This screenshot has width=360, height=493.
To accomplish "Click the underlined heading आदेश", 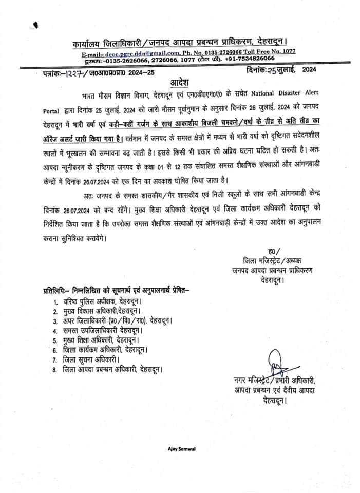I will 180,83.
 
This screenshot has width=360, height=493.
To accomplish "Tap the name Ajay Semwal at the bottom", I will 180,449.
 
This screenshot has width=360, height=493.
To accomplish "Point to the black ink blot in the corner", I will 35,24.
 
